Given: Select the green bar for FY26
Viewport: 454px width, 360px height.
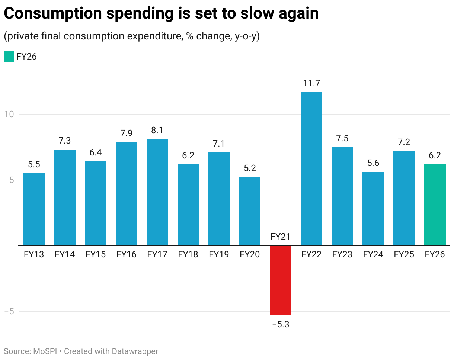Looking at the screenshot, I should [435, 205].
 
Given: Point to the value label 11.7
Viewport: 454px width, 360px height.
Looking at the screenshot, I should [311, 83].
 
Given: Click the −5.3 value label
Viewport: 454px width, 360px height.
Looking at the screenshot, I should [281, 324].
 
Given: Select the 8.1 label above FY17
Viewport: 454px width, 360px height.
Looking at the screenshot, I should [157, 131].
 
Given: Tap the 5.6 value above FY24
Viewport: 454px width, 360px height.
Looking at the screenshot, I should [373, 163].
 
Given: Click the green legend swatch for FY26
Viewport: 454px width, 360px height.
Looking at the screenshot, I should [9, 57].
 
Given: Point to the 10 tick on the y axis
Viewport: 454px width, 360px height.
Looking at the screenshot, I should [9, 114].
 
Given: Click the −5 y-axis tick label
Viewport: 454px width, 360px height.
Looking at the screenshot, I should [9, 311].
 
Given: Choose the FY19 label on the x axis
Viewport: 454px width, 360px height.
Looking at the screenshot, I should [219, 255].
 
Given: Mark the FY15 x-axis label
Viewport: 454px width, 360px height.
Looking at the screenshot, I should [96, 255].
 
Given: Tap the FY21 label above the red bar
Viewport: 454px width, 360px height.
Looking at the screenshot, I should [281, 237].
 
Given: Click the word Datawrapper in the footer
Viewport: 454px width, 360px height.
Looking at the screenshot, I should [135, 351].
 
